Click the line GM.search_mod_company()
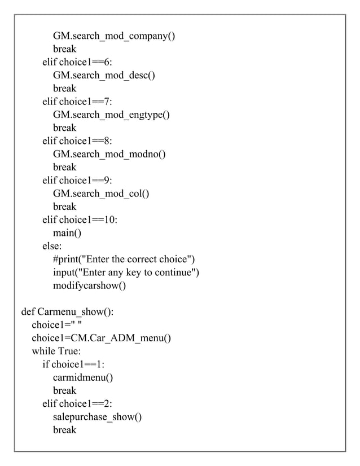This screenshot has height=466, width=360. coord(114,36)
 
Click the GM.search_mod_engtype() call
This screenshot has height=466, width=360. coord(111,115)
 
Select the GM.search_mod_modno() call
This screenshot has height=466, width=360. coord(109,155)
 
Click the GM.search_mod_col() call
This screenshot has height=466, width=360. coord(101,194)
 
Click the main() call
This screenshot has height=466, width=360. coord(67,234)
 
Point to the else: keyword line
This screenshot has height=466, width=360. coord(52,247)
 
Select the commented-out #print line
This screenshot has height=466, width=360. coord(124,260)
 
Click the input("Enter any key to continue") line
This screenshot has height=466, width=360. coord(126,272)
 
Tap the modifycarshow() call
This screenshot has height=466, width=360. coord(89,285)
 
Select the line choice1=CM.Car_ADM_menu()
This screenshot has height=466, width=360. coord(101,338)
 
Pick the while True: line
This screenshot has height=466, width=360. coord(56,351)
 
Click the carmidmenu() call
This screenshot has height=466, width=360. coord(82,377)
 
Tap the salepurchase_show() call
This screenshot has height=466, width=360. coord(97,417)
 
